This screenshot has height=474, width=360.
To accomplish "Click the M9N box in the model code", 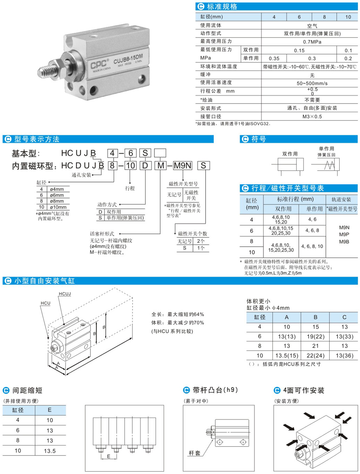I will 183,165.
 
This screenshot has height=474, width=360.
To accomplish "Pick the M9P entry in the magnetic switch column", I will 344,234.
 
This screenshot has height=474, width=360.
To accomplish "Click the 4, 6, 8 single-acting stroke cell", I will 312,230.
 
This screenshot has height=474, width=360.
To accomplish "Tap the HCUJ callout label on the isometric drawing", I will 65,294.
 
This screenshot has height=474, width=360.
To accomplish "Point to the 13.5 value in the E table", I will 50,451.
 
